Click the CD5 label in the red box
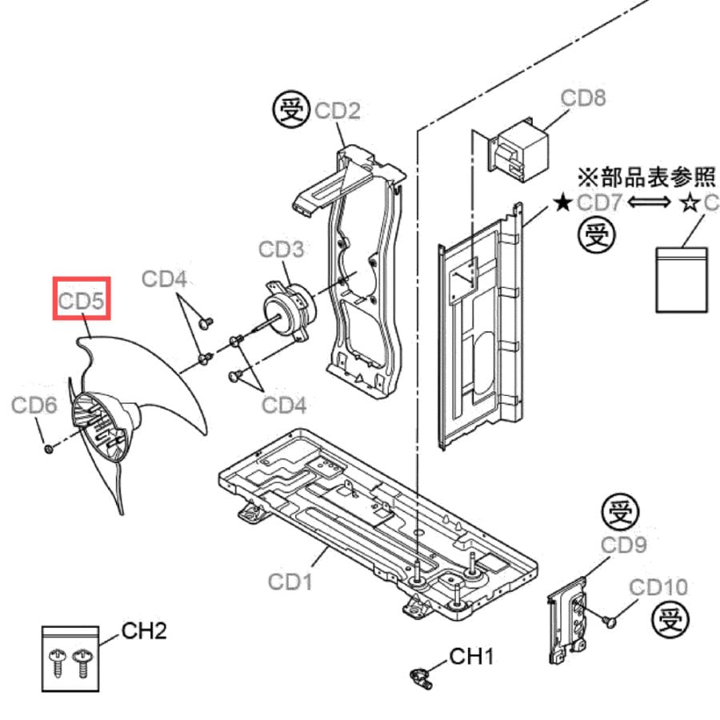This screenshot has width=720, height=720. click(x=82, y=302)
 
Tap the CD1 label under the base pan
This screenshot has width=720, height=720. click(x=290, y=582)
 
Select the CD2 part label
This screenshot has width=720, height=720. click(x=338, y=110)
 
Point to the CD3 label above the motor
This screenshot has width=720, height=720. click(x=281, y=250)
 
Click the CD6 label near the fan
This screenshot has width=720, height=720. click(x=34, y=406)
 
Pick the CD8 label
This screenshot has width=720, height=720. click(x=583, y=98)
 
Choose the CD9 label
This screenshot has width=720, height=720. click(x=623, y=545)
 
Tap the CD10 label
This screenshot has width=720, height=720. click(x=658, y=587)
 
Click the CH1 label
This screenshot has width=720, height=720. click(x=471, y=657)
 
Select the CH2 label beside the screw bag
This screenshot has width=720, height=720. click(x=144, y=631)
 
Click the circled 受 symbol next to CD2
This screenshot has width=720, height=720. click(x=291, y=110)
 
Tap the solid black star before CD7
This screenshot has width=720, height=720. click(x=562, y=202)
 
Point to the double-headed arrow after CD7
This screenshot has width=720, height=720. click(x=649, y=202)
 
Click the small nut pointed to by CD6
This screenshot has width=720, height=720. click(x=48, y=449)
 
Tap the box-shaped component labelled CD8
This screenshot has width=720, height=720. click(x=519, y=150)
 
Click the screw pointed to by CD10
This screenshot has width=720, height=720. click(x=610, y=622)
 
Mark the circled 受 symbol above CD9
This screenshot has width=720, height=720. click(x=620, y=514)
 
